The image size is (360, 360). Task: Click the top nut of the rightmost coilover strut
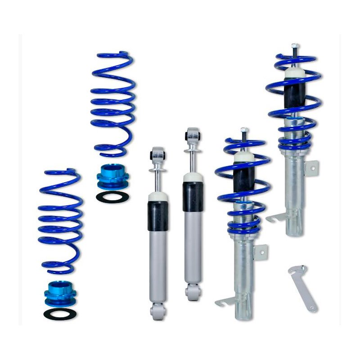pyautogui.click(x=294, y=46)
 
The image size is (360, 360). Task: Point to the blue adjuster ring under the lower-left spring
pyautogui.click(x=60, y=292)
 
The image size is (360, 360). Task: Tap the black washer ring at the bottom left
pyautogui.click(x=60, y=313)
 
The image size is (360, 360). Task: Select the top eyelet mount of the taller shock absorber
pyautogui.click(x=193, y=135)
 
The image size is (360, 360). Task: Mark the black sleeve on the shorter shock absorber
pyautogui.click(x=158, y=216)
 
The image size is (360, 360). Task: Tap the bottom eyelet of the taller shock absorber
pyautogui.click(x=193, y=292)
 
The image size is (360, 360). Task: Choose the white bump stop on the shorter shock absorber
pyautogui.click(x=158, y=195)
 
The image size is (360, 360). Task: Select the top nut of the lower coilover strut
pyautogui.click(x=244, y=130)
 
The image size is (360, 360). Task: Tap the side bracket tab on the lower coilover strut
pyautogui.click(x=261, y=252)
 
